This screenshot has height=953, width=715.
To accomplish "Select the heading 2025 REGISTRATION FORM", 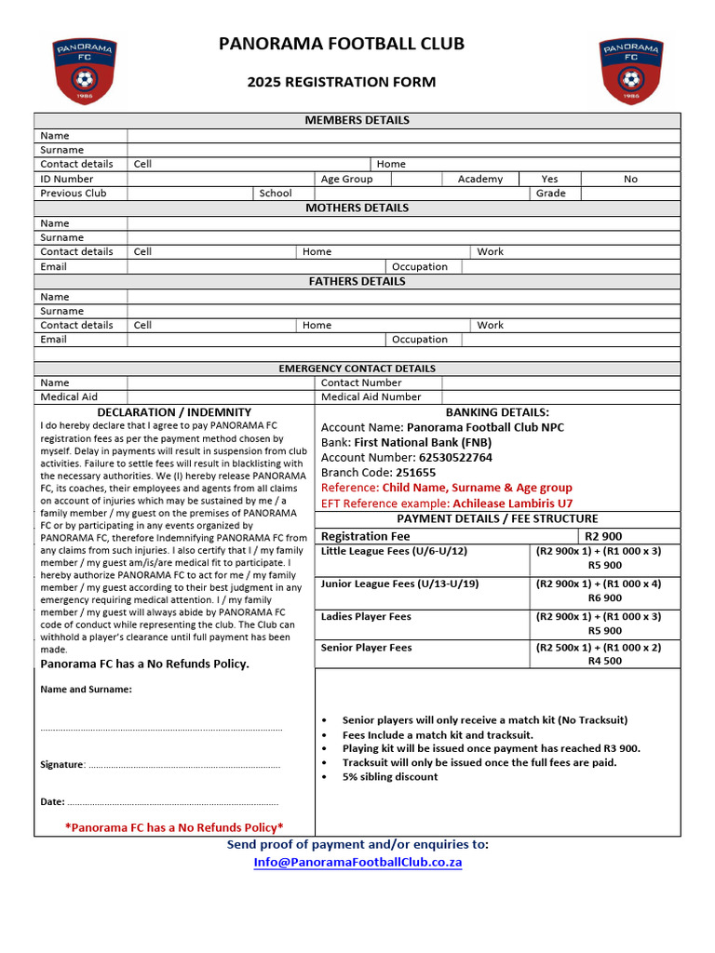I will (341, 82).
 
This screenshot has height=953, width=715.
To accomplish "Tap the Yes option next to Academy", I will (549, 179).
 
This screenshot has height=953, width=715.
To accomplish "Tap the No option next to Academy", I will (630, 179).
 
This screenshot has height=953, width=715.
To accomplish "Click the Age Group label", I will (346, 179).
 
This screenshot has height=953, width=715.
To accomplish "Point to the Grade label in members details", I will (550, 194).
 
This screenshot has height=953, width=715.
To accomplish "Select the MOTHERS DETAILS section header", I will (357, 208).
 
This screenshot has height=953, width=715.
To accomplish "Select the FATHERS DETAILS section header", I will (357, 281).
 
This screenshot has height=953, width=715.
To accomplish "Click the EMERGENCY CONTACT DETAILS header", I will (357, 369).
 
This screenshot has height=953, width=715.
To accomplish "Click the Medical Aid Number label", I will (371, 396).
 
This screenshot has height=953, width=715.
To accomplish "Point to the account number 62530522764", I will (443, 458).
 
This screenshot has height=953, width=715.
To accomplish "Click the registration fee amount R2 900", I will (603, 536).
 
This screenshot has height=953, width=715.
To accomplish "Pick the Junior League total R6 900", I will (604, 598).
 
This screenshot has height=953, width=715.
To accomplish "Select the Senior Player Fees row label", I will (366, 648).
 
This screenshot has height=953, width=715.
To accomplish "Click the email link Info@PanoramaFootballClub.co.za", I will (357, 862).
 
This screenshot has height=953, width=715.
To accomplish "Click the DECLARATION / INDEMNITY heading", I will (174, 411).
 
